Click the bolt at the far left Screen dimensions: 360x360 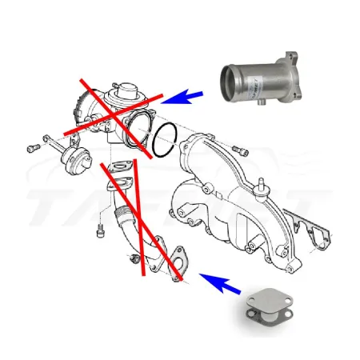[x=32, y=147]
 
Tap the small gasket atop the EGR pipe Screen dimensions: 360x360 [x=122, y=168]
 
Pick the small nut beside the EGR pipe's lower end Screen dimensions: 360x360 [x=133, y=259]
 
